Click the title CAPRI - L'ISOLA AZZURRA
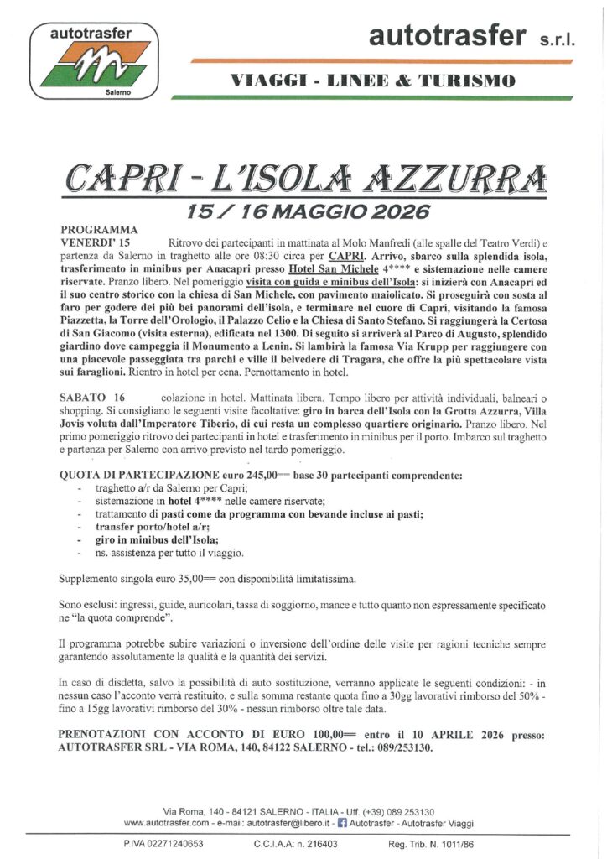(305, 178)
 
